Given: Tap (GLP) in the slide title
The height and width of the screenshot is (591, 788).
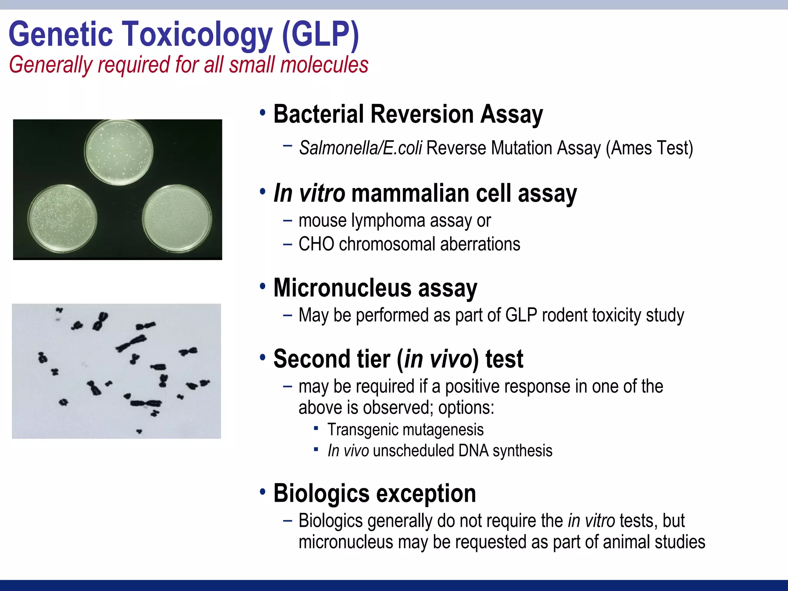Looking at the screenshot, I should [320, 35].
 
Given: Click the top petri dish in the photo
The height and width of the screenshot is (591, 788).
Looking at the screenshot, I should [119, 152].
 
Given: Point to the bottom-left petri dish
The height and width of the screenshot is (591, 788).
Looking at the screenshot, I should [62, 218].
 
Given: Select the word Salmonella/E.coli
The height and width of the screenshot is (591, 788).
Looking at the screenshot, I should [361, 148].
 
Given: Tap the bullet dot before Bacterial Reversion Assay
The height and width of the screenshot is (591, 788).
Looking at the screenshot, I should [262, 113].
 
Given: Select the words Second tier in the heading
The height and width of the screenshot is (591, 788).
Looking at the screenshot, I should [332, 359].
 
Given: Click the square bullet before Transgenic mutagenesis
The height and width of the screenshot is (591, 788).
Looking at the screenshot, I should [316, 428].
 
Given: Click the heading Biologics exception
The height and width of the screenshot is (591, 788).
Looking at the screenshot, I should [374, 493].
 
